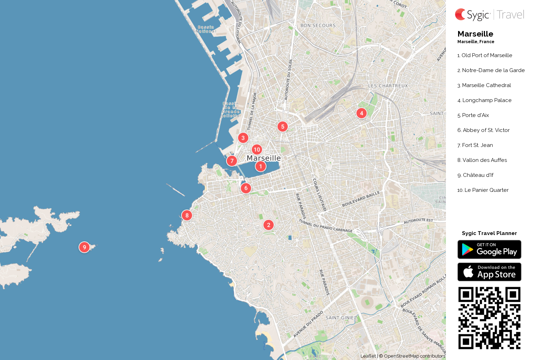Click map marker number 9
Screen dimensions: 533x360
tap(84, 247)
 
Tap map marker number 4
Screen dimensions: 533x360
tap(362, 113)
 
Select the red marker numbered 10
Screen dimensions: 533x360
tap(257, 150)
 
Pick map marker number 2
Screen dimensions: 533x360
tap(268, 225)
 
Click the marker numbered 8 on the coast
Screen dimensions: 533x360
tap(187, 216)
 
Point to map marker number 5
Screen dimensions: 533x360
tap(283, 127)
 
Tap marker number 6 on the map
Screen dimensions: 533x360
tap(246, 188)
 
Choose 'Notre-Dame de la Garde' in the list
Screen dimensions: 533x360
tap(493, 70)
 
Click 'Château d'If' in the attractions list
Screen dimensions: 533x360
tap(478, 175)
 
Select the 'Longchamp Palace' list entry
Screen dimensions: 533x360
tap(487, 100)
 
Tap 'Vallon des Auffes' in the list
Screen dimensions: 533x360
tap(484, 160)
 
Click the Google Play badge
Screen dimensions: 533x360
tap(489, 250)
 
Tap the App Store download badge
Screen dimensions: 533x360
tap(489, 272)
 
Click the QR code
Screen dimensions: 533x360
tap(489, 318)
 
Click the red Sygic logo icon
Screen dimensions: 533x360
tap(460, 15)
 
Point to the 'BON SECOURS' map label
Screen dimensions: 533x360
tap(318, 26)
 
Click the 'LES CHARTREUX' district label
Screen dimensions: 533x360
tap(388, 86)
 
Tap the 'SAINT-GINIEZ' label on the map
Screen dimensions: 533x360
tap(341, 318)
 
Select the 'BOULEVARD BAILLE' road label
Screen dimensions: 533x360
tap(361, 199)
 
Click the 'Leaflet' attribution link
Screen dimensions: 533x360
tap(368, 356)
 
